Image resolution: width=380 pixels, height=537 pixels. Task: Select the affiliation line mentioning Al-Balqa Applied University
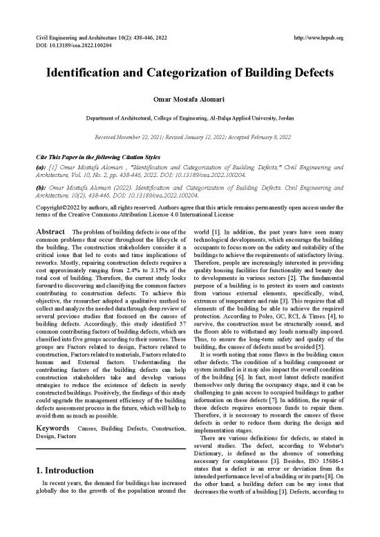190,119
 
